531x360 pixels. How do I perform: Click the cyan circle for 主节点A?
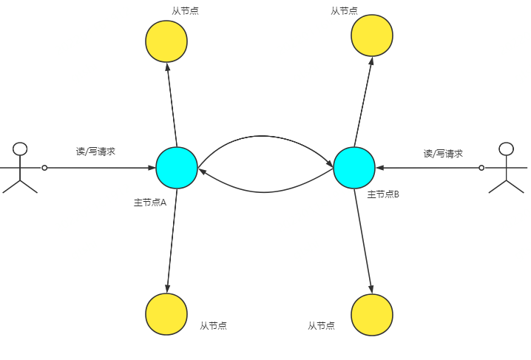(177, 168)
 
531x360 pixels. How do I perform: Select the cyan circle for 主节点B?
(354, 168)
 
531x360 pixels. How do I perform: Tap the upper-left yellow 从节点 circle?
(166, 41)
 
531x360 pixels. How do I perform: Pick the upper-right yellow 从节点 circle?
(372, 35)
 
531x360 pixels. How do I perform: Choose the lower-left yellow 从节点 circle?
(166, 314)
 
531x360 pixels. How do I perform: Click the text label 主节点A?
(150, 202)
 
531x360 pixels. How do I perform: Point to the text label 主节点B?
(384, 195)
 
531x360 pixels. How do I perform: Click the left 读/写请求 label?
(95, 152)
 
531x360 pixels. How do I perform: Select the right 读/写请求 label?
(443, 154)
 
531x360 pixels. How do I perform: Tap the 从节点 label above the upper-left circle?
(185, 11)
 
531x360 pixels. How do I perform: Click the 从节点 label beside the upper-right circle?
(345, 11)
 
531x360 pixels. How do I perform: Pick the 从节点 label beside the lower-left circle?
(213, 325)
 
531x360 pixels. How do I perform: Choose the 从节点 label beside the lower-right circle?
(321, 325)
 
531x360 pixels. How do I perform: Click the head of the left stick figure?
(21, 149)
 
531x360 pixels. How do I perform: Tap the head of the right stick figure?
(507, 149)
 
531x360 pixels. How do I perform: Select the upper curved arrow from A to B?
(265, 137)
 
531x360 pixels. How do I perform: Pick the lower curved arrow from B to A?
(265, 191)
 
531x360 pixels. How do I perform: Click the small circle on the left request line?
(44, 168)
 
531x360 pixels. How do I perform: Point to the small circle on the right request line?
(481, 168)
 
